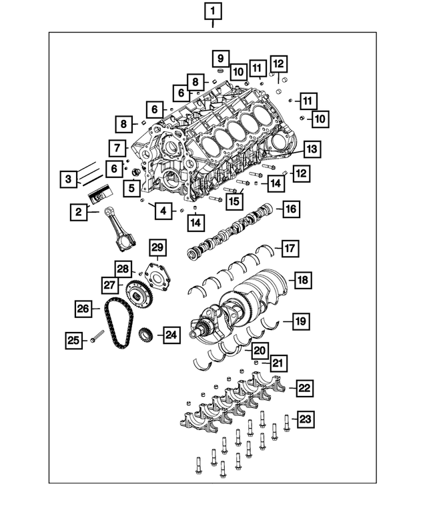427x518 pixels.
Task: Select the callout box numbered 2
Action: pyautogui.click(x=79, y=213)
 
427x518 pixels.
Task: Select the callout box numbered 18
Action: pyautogui.click(x=302, y=281)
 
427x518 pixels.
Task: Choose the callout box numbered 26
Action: pyautogui.click(x=83, y=308)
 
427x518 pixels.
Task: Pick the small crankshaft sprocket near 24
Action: pyautogui.click(x=143, y=335)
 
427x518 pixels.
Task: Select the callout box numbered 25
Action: pyautogui.click(x=73, y=341)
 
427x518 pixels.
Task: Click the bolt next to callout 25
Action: pyautogui.click(x=97, y=338)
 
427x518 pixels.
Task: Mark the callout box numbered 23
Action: pyautogui.click(x=305, y=419)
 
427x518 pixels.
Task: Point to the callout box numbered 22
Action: pyautogui.click(x=304, y=387)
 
